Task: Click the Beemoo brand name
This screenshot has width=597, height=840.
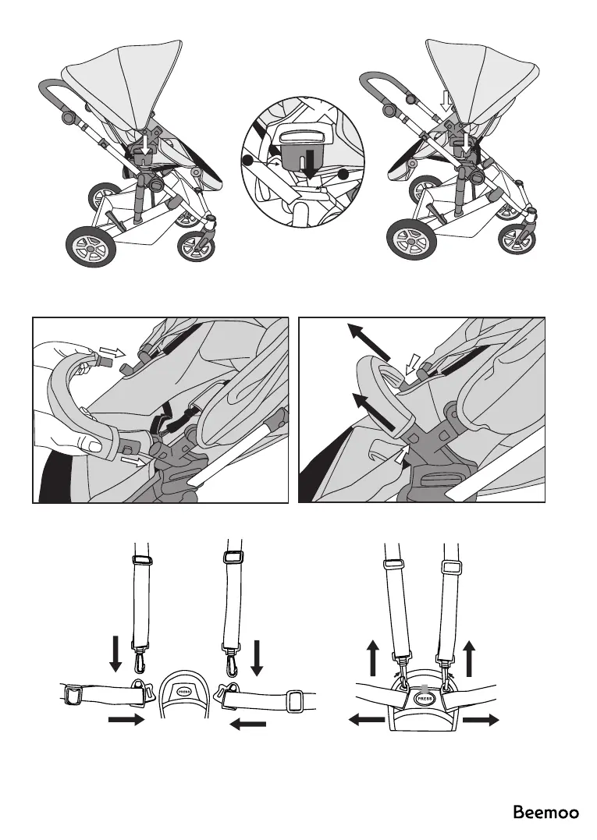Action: [545, 813]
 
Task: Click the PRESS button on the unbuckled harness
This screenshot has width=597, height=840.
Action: [184, 691]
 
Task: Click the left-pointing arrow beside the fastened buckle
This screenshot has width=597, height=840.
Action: [367, 721]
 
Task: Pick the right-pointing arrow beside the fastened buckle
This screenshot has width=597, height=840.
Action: [480, 721]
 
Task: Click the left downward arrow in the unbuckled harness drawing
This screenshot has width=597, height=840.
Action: [115, 654]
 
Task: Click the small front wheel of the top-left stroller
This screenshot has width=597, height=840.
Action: [193, 247]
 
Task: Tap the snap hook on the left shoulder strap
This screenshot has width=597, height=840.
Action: [140, 661]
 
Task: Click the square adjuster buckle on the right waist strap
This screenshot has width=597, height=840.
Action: [294, 701]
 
